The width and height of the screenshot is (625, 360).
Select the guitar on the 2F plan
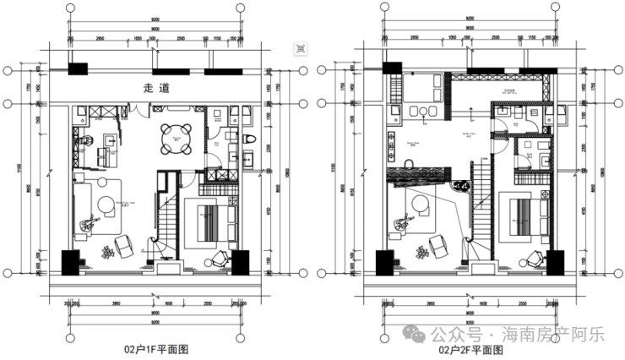coord(400,224)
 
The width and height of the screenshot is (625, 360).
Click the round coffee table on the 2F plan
coord(418,203)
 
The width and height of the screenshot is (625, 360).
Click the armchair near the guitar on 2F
coord(438,243)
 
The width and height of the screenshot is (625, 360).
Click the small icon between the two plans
coord(300,48)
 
